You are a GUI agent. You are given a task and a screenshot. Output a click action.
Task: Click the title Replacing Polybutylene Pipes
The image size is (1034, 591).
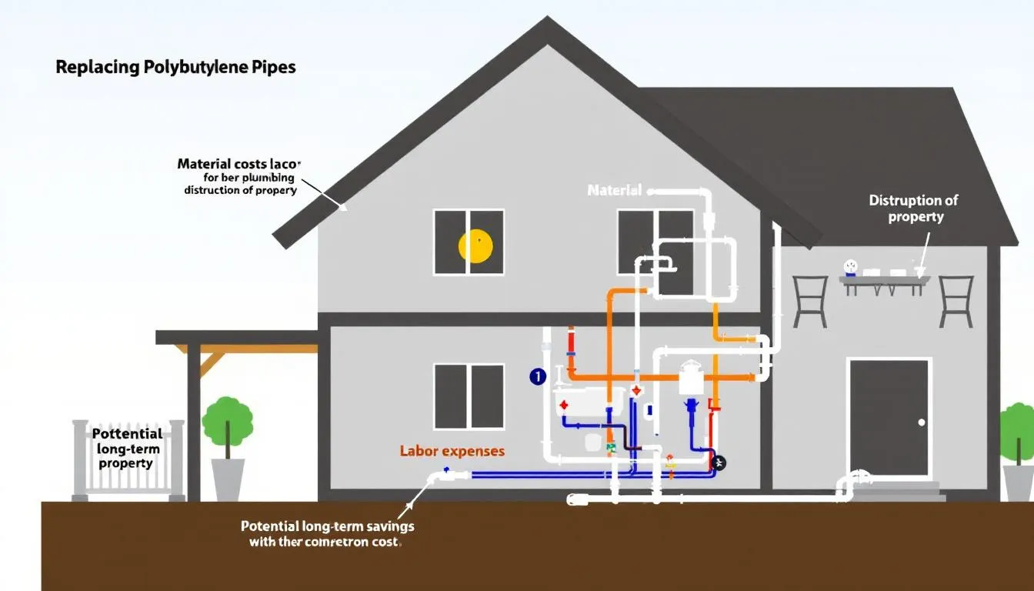click(175, 67)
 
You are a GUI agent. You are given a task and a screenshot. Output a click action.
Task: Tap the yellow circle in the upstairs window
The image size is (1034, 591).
click(475, 245)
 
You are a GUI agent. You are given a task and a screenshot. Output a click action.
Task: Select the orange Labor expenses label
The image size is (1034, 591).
click(452, 451)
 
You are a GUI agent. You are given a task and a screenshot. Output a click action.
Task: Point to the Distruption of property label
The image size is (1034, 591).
click(913, 209)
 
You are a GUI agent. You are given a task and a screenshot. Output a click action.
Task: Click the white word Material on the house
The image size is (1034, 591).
click(614, 190)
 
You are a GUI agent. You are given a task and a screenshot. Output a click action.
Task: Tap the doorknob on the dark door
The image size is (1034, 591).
click(922, 422)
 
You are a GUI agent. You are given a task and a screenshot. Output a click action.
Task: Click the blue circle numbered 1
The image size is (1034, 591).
click(537, 376)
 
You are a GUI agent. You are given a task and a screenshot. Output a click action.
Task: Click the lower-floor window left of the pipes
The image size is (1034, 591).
click(469, 397)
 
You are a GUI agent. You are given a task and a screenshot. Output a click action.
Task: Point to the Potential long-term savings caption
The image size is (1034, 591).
click(328, 534)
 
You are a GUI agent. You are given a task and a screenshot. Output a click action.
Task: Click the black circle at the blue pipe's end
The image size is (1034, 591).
click(719, 462)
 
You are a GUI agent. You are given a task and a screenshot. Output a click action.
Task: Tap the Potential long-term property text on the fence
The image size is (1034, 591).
click(127, 449)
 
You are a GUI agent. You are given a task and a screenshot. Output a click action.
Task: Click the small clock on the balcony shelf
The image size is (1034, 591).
click(850, 267)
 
